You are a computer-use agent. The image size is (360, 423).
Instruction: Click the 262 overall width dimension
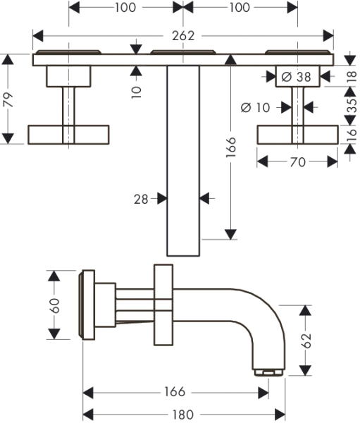click(x=183, y=36)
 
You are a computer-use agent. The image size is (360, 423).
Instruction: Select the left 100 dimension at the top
click(x=125, y=7)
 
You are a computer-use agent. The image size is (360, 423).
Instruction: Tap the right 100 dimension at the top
click(x=240, y=7)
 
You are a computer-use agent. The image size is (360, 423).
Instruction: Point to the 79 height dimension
click(x=10, y=99)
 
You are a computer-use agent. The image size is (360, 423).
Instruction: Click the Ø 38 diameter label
click(x=296, y=77)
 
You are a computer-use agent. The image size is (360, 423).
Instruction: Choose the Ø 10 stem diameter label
click(x=255, y=108)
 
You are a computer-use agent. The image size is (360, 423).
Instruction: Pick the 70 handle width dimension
click(x=298, y=162)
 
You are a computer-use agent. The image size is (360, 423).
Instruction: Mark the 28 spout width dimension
click(x=141, y=200)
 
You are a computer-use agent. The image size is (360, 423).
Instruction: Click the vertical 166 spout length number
click(x=231, y=147)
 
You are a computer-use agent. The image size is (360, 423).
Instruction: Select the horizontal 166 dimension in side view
click(x=175, y=391)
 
